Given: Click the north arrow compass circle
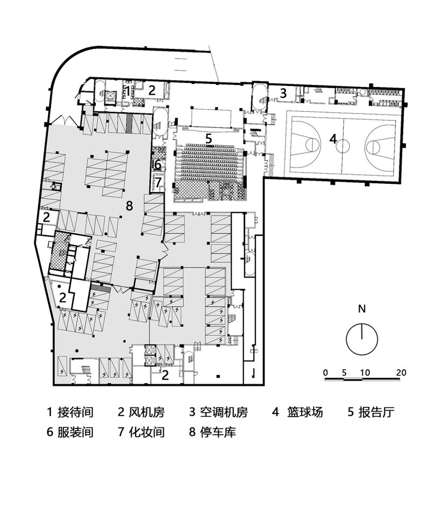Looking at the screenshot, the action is point(346,339).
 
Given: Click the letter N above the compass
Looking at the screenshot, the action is point(362,309).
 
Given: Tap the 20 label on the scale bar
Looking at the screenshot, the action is point(401,373).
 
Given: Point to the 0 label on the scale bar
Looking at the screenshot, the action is point(325,373).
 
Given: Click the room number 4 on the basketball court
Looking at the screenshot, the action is point(333,139).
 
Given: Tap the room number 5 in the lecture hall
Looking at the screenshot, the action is point(209,139).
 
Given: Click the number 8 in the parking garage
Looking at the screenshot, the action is point(130,206).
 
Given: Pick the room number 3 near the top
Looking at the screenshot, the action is point(283,94).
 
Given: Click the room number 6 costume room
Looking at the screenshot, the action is point(158,164).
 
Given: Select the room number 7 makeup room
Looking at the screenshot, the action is point(159,181).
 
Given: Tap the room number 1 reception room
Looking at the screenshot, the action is point(127,91).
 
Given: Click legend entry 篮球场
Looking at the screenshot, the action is point(305,412).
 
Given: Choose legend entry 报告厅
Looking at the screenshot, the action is point(376,412).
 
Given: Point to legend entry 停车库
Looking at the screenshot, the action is point(218,432).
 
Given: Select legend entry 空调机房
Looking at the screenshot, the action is point(224,412).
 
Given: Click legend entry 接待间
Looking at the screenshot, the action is point(76,412).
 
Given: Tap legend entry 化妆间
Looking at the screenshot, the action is point(147,432).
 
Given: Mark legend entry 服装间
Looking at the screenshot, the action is point(76,432).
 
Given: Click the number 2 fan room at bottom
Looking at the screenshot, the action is point(165,375).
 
